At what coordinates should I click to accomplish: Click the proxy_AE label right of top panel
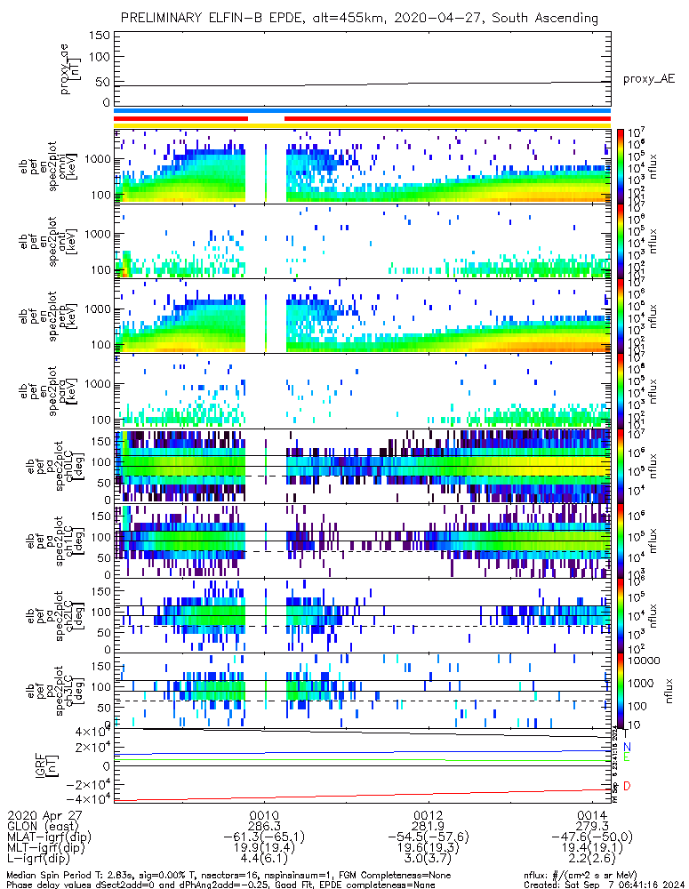[x=648, y=79]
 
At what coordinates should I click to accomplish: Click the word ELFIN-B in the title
[x=236, y=18]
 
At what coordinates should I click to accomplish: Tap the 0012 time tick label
[x=429, y=814]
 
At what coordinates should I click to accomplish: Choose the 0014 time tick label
[x=592, y=814]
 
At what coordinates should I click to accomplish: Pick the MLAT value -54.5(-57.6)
[x=429, y=836]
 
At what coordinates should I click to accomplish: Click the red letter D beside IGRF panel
[x=627, y=786]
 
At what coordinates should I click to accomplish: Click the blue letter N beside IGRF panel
[x=627, y=747]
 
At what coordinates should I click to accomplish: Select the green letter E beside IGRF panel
[x=627, y=757]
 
